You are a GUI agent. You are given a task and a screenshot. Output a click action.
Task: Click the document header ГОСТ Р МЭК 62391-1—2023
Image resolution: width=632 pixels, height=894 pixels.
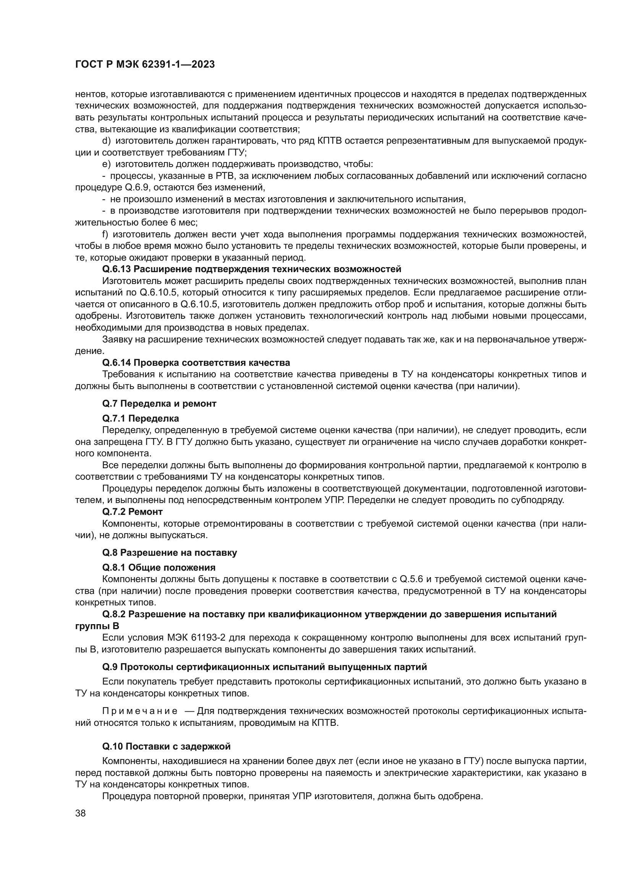(x=145, y=65)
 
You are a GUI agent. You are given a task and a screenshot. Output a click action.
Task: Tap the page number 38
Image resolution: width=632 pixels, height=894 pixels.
(x=81, y=813)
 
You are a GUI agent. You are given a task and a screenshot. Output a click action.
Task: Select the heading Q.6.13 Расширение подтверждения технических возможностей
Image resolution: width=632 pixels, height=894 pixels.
(x=251, y=269)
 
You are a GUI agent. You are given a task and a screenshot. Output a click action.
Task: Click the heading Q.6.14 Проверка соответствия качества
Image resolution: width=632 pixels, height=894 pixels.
(x=196, y=362)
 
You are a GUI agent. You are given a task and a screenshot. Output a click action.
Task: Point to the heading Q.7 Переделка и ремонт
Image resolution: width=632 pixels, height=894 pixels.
(x=159, y=403)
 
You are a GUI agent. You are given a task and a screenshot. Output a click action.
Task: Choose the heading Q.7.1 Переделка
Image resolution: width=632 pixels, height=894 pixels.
(x=141, y=419)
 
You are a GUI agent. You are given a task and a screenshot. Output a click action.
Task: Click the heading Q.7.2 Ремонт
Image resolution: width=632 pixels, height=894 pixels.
(x=132, y=511)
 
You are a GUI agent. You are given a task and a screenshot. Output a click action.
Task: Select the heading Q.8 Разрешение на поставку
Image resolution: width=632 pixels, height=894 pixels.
(x=169, y=553)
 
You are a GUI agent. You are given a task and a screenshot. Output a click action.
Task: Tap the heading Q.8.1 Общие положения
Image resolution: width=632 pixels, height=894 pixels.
(x=159, y=567)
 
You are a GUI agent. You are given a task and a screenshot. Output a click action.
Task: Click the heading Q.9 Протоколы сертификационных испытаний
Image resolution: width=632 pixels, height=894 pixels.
(x=264, y=667)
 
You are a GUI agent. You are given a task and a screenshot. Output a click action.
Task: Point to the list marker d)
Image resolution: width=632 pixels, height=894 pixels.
(x=106, y=141)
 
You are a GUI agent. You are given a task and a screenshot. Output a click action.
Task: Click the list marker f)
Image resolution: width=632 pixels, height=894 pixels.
(x=105, y=234)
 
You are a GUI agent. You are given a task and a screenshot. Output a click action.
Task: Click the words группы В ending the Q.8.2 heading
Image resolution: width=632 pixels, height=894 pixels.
(x=97, y=626)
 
